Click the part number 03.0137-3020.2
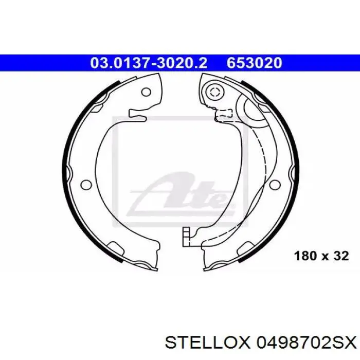(149, 63)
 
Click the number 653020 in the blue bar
(255, 63)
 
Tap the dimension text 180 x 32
(321, 256)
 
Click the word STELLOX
(207, 343)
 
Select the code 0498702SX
(306, 343)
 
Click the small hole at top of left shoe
(146, 92)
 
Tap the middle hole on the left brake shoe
(86, 185)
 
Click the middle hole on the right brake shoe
(275, 185)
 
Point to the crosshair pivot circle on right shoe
(214, 93)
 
